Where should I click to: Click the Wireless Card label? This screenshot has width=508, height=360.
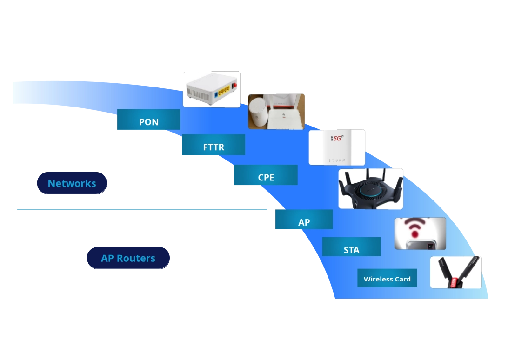tap(387, 279)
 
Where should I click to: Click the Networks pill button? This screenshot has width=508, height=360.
tap(72, 183)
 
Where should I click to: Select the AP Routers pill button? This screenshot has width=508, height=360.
tap(128, 259)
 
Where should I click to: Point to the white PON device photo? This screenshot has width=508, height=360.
tap(212, 89)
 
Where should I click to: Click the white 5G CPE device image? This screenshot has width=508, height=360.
tap(337, 147)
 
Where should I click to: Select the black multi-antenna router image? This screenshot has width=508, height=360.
tap(370, 188)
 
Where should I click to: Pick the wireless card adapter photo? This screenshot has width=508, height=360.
tap(455, 272)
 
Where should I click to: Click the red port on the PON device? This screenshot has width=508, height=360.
tap(234, 86)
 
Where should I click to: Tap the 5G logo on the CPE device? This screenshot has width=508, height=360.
tap(336, 139)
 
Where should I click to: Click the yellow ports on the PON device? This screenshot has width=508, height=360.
tap(224, 90)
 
